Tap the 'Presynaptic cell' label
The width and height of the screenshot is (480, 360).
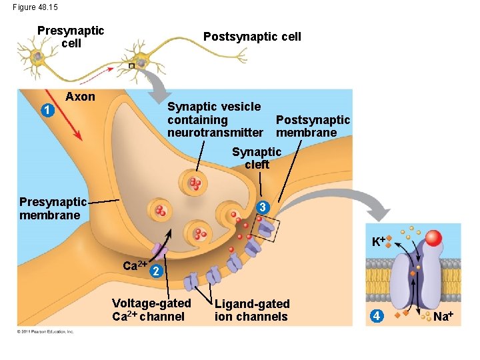(71, 37)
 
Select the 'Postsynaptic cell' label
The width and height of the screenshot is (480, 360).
(252, 37)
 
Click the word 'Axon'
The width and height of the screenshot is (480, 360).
(80, 97)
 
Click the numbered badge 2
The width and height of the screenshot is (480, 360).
(154, 271)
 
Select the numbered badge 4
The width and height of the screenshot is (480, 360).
(377, 315)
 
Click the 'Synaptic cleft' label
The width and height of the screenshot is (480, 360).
(257, 158)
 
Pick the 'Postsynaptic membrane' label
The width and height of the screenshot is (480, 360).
(313, 126)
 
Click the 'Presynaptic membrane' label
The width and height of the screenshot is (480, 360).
(53, 208)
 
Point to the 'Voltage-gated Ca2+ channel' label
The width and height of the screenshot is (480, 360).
(151, 309)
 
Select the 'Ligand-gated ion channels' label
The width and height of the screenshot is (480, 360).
(252, 310)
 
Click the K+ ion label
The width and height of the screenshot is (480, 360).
(379, 241)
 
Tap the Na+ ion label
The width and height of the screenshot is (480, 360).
(443, 315)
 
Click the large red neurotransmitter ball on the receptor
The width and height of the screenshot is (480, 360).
(434, 238)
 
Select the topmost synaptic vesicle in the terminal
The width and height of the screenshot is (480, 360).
(194, 183)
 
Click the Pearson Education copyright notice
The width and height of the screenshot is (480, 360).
(46, 331)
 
